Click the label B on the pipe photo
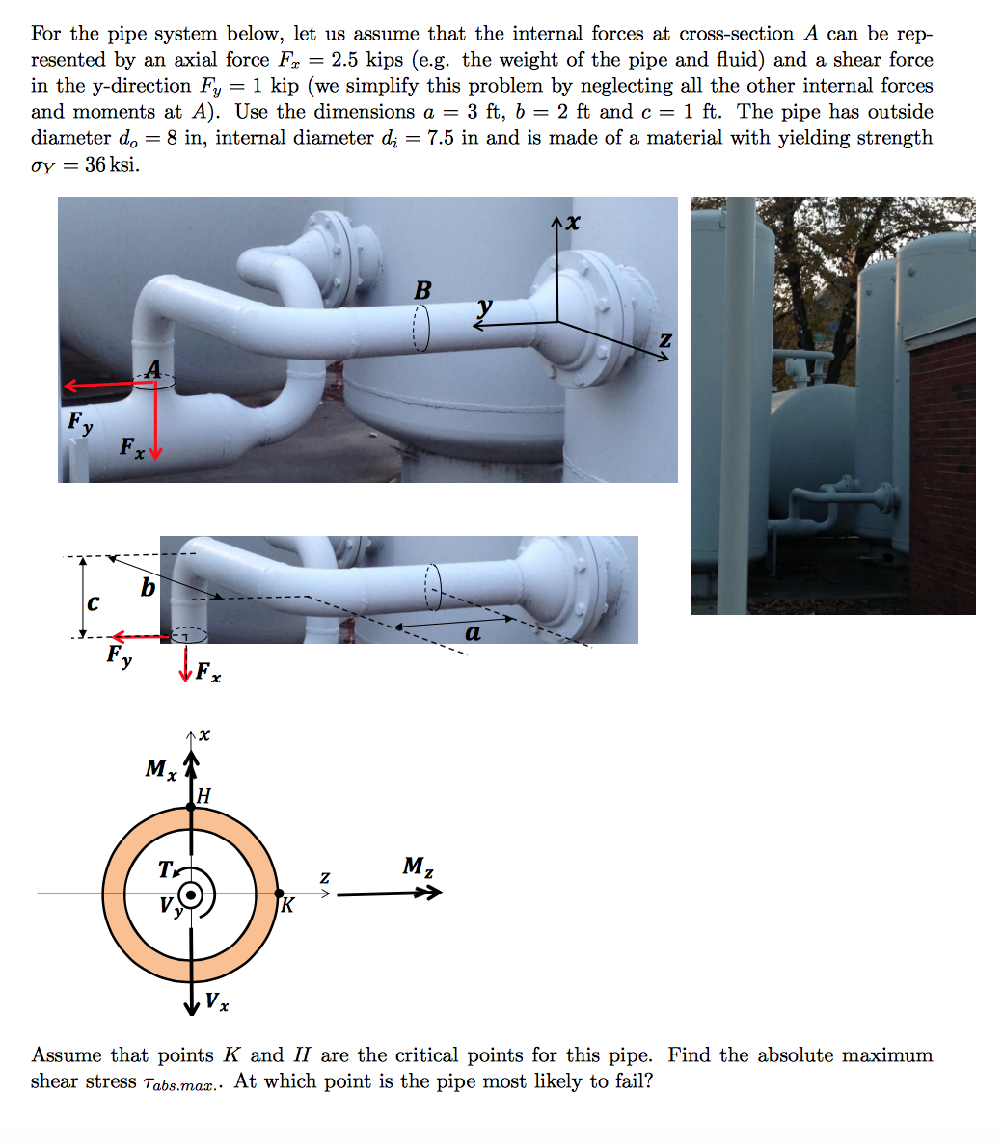(x=422, y=289)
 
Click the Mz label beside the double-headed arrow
(x=417, y=867)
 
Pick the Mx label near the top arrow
(x=160, y=769)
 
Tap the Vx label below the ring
(x=218, y=1002)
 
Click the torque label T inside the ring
(x=167, y=869)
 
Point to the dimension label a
(x=473, y=633)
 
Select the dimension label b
(x=147, y=587)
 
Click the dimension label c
(x=92, y=603)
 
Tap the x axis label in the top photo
(x=573, y=223)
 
